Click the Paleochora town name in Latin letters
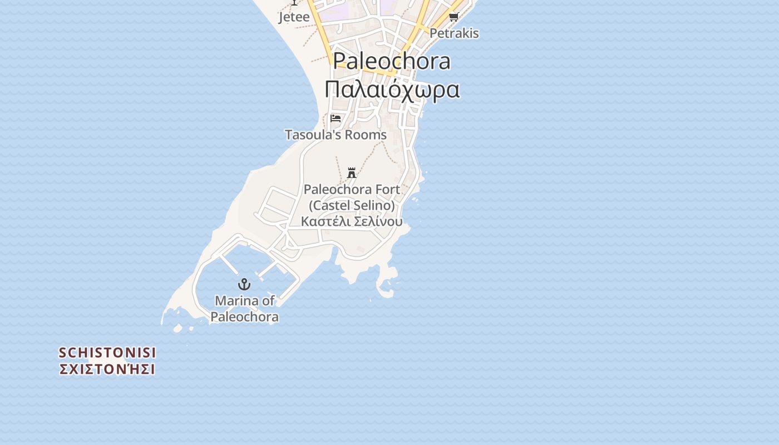(392, 61)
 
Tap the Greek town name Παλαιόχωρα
(392, 89)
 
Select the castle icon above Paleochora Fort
(352, 172)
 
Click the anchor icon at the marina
(244, 285)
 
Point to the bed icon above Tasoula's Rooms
(336, 118)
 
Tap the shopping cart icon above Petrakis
(453, 17)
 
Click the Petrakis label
(454, 33)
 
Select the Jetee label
(294, 17)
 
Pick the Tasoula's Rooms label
(336, 135)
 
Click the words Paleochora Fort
(352, 189)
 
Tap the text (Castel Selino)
(352, 205)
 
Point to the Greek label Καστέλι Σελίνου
(352, 221)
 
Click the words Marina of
(245, 301)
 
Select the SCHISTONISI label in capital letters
(107, 353)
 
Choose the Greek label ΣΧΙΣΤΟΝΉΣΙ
(107, 369)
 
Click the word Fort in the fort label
(388, 189)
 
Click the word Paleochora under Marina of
(245, 317)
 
